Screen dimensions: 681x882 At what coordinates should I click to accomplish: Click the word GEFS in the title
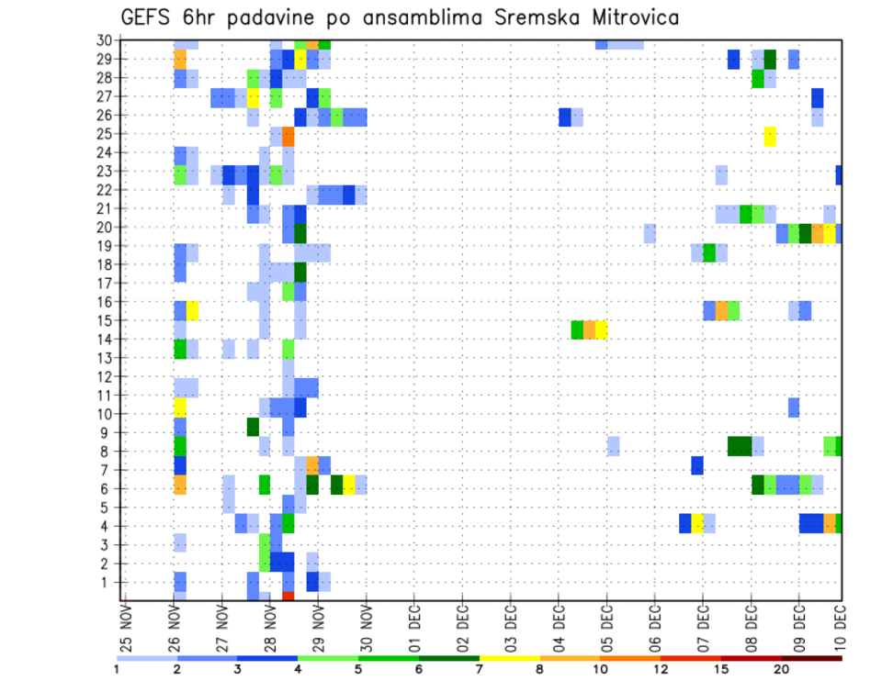click(147, 17)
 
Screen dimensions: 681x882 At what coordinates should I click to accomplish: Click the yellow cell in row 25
click(770, 136)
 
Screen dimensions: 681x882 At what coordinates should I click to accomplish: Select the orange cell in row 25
click(288, 136)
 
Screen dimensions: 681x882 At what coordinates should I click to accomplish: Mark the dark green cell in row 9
click(253, 427)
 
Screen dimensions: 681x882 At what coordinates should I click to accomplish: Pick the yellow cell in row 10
click(180, 407)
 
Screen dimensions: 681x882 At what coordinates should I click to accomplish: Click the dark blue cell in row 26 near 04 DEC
click(565, 117)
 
